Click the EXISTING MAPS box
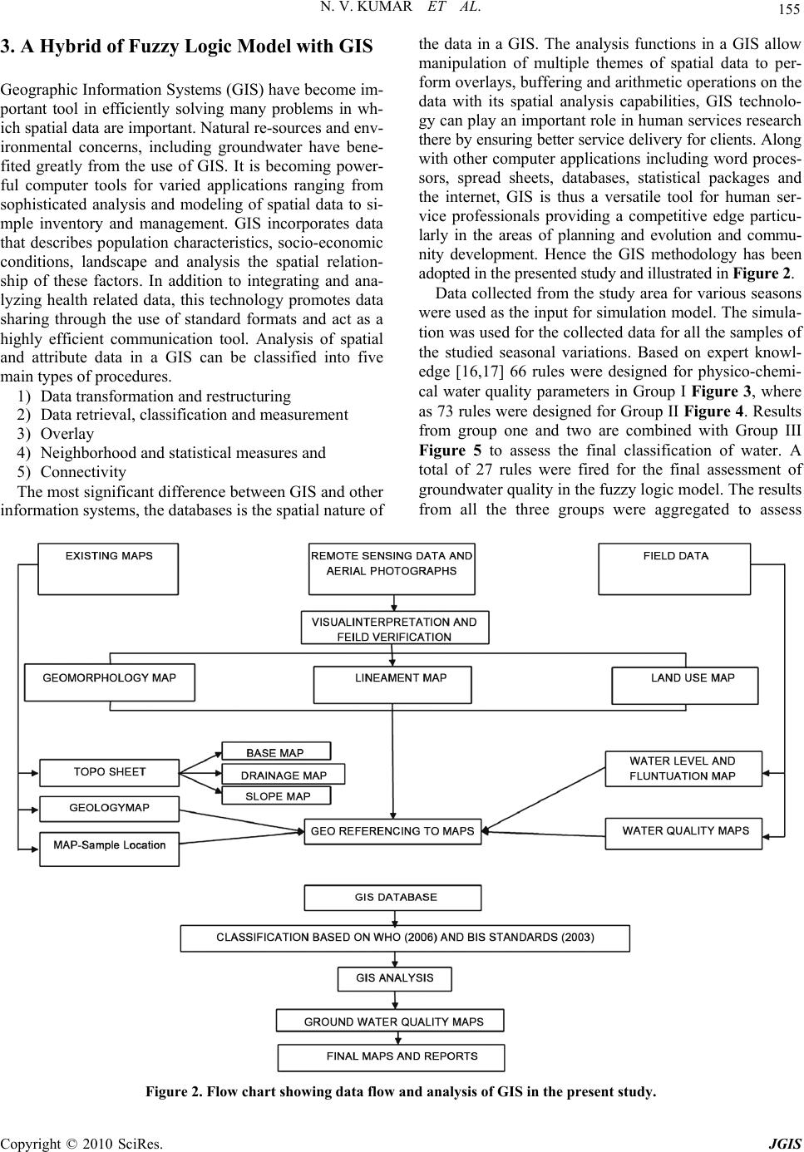(108, 569)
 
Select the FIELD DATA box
(674, 569)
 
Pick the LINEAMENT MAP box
(392, 684)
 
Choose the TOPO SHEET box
(110, 772)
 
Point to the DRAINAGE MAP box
(284, 775)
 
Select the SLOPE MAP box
(277, 795)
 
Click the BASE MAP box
(275, 751)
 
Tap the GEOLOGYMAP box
(110, 808)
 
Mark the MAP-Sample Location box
(110, 845)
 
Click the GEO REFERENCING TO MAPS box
(392, 830)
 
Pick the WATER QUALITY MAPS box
(685, 830)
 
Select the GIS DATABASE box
(392, 898)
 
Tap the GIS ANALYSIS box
(395, 977)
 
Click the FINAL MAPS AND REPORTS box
(402, 1056)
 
